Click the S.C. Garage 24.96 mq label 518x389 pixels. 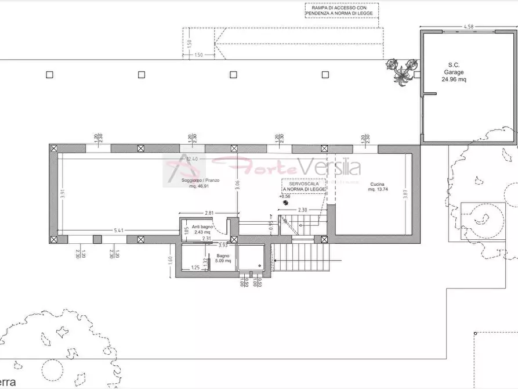[x=454, y=72]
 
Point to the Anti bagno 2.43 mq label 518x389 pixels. [x=202, y=229]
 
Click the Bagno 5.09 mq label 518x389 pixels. [x=223, y=258]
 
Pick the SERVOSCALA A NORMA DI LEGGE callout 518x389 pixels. [x=303, y=186]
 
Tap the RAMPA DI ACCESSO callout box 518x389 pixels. [x=342, y=10]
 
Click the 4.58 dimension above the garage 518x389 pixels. [x=469, y=26]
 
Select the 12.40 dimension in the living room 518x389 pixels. [x=192, y=159]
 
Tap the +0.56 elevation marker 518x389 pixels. [x=284, y=197]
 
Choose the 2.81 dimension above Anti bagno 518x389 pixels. [x=210, y=213]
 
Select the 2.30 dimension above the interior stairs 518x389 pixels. [x=302, y=210]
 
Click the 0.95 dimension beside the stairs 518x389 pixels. [x=271, y=224]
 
